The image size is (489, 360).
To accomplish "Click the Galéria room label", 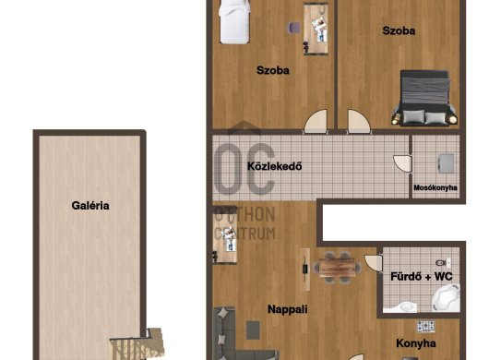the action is (90, 206).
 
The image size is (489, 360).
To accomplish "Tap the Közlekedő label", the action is (274, 166).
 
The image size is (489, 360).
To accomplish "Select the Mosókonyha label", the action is (435, 187).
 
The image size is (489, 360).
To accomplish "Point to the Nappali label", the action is (288, 309).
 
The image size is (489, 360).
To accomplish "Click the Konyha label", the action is (416, 343).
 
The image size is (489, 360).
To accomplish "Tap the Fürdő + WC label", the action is (422, 276).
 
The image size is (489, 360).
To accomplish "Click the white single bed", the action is (234, 21).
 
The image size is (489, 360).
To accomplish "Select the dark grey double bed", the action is (424, 98).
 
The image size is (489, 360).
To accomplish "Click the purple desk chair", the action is (293, 28).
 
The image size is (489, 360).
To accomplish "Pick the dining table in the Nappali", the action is (337, 268).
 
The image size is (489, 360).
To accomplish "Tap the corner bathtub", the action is (446, 298).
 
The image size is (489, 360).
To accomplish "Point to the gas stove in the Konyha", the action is (425, 327).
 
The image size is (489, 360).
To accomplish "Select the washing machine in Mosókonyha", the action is (447, 163).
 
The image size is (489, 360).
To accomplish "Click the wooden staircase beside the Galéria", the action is (137, 344).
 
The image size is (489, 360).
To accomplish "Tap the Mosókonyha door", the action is (402, 163).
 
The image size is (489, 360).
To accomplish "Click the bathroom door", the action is (374, 263).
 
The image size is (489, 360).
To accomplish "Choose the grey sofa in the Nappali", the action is (237, 334).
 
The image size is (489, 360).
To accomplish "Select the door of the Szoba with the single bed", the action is (316, 122).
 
